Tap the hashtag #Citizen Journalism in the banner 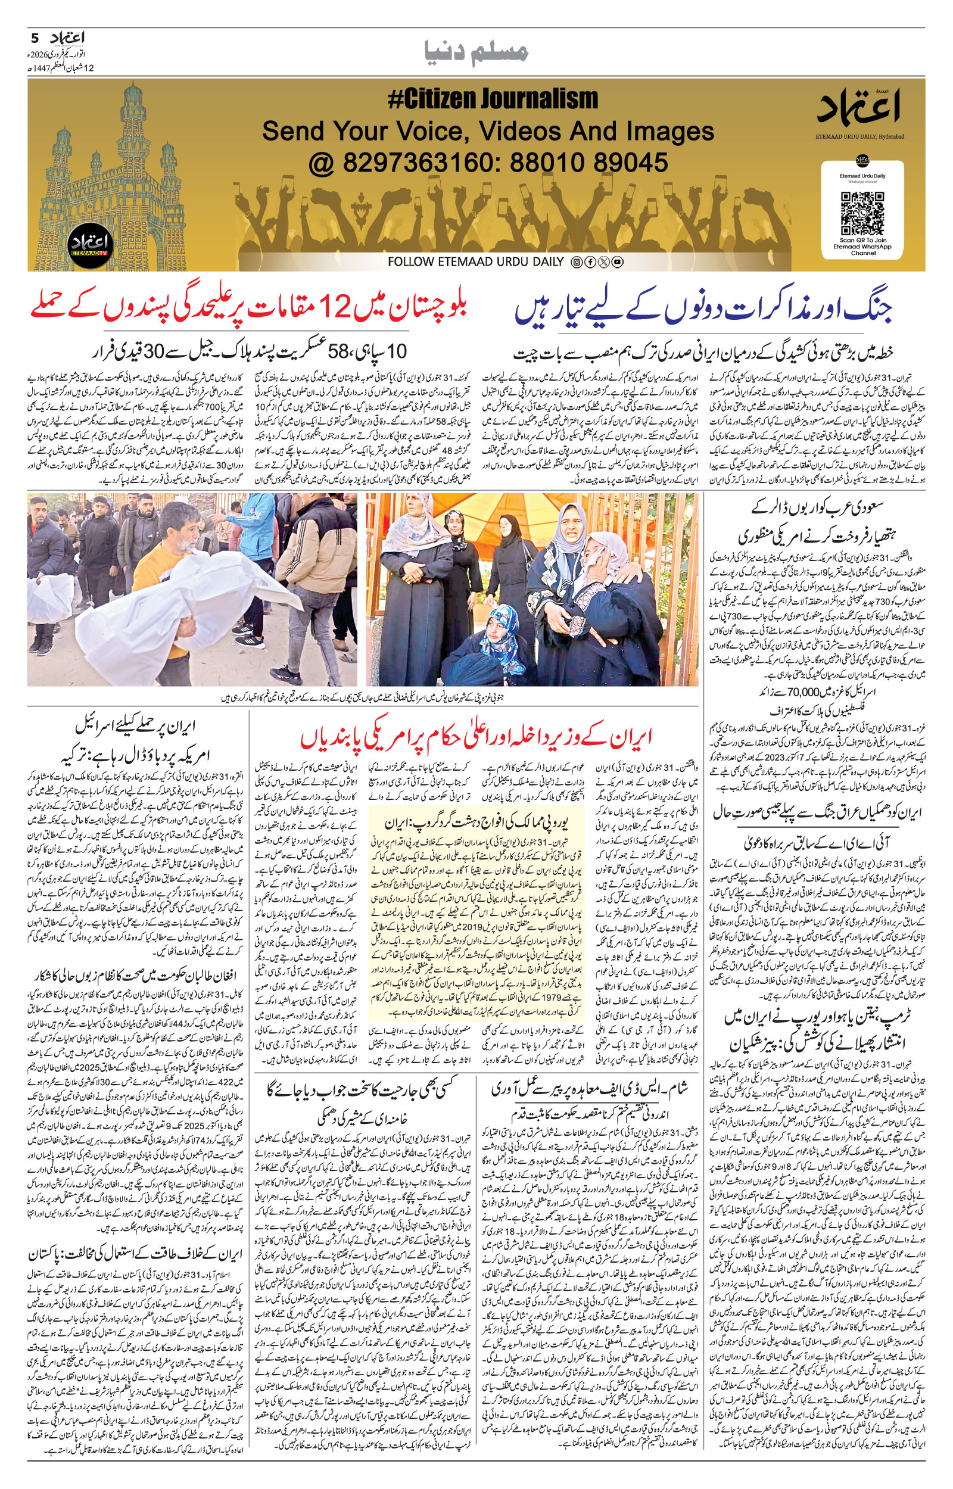tap(493, 99)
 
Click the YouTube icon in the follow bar tap(617, 262)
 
